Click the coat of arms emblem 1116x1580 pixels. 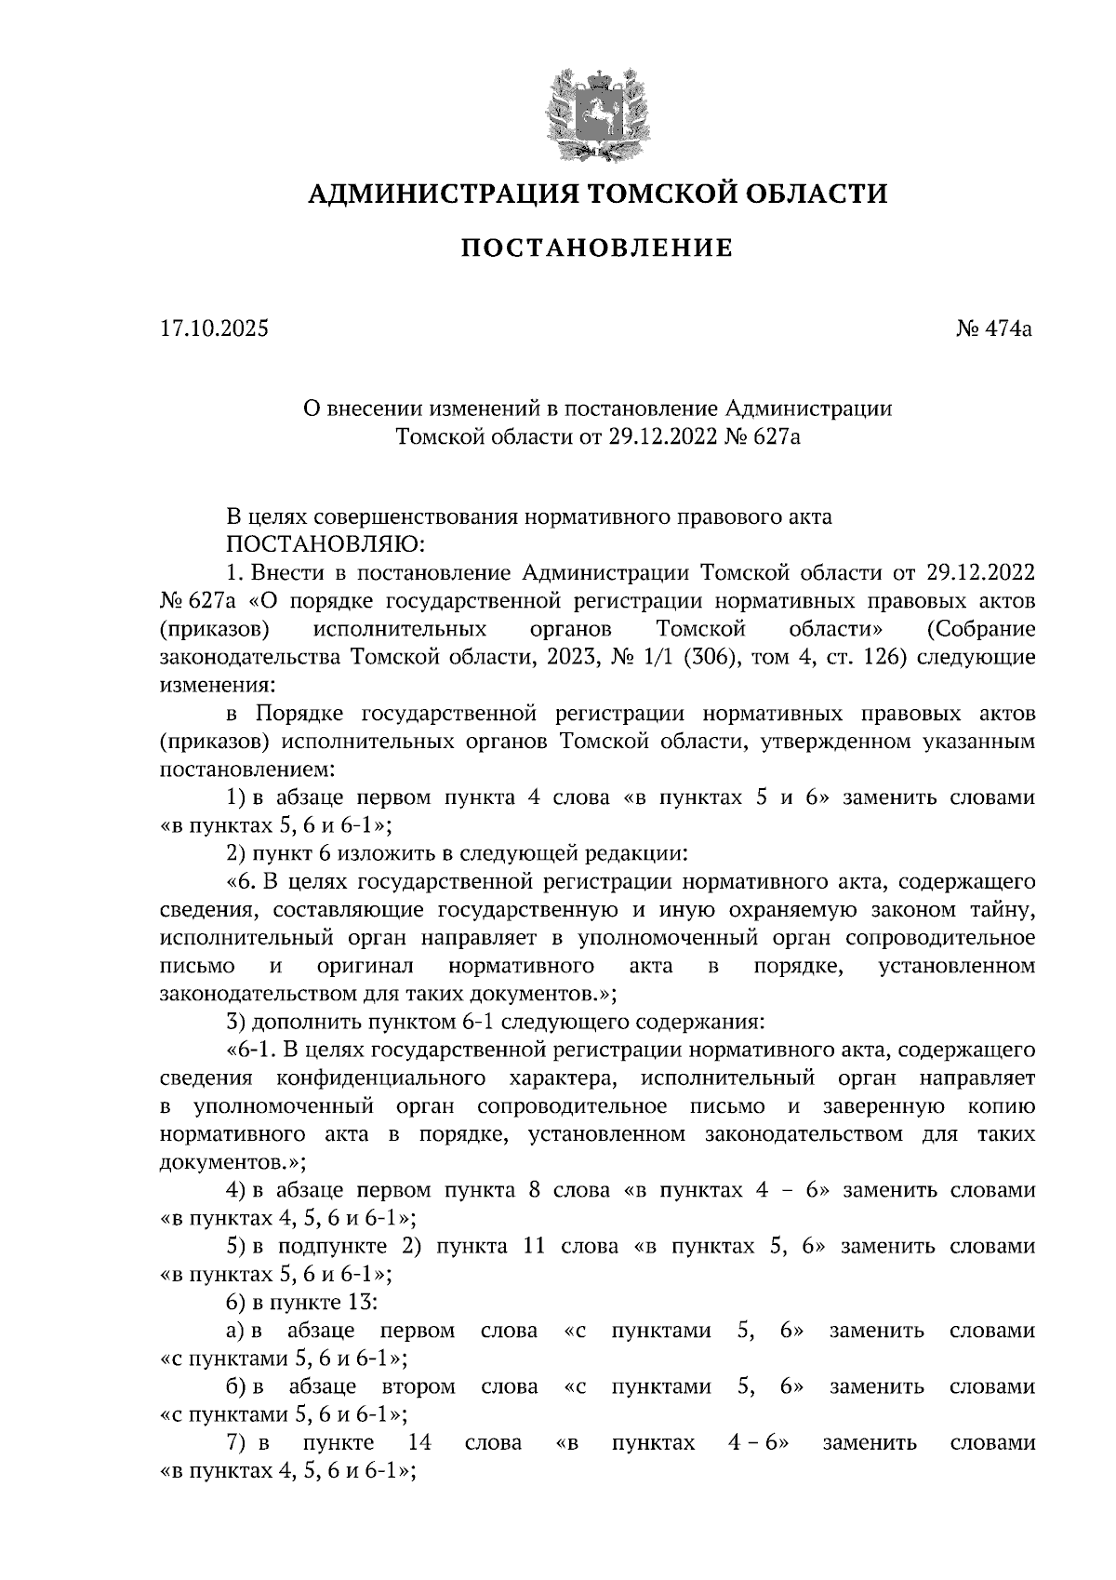click(596, 114)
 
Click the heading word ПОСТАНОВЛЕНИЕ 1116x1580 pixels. click(597, 248)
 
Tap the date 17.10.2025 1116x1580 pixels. click(214, 328)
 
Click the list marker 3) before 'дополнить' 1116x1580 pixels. click(236, 1022)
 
